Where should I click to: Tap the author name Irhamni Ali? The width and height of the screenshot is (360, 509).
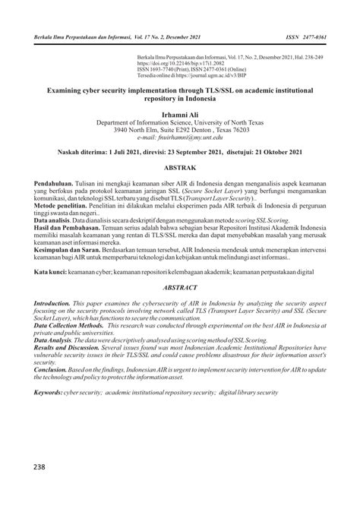pos(180,114)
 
